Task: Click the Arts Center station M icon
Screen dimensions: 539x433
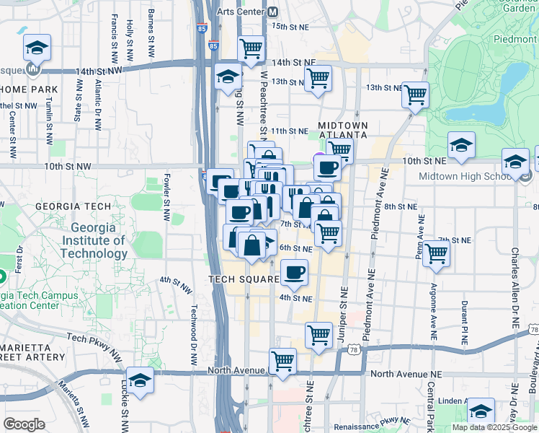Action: (272, 12)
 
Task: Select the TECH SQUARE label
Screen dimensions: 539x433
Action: (244, 279)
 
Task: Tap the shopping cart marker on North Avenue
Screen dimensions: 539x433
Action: (283, 361)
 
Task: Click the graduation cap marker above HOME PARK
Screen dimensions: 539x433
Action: (37, 48)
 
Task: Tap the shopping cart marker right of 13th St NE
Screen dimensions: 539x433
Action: (415, 95)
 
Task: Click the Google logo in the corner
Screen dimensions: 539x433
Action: (24, 424)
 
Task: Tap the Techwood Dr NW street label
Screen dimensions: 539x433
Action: (193, 326)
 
